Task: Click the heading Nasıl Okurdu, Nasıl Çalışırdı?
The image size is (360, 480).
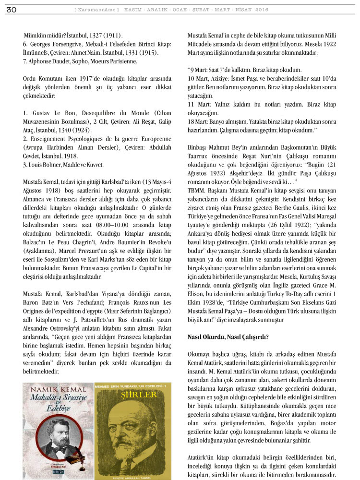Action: click(228, 336)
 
